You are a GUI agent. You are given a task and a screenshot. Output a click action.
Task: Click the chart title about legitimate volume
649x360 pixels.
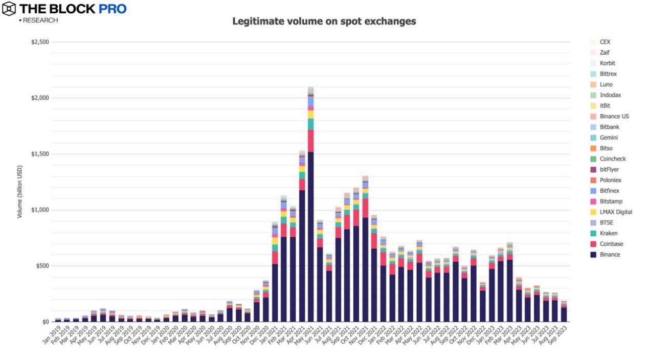tap(324, 21)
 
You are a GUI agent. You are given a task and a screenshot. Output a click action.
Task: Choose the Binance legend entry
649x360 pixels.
tap(610, 254)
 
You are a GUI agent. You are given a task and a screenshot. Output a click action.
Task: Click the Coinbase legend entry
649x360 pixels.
tap(611, 244)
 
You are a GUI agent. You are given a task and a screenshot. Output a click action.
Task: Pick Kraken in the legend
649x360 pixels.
tap(608, 233)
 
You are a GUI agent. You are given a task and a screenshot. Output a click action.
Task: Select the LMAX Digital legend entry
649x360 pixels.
tap(616, 212)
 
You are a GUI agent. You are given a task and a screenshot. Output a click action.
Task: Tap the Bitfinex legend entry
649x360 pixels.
tap(610, 191)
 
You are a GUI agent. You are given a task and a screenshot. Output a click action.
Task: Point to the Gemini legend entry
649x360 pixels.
tap(608, 138)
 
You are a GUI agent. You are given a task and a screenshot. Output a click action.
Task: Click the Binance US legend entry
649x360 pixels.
tap(614, 116)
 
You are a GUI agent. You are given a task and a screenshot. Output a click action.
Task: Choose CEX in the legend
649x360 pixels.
tap(605, 42)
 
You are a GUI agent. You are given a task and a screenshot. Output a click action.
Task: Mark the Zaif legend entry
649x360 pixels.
tap(605, 52)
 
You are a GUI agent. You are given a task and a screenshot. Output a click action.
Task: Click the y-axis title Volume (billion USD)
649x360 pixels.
tap(19, 192)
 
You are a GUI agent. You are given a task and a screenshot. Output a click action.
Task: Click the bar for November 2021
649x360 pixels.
tap(365, 256)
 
